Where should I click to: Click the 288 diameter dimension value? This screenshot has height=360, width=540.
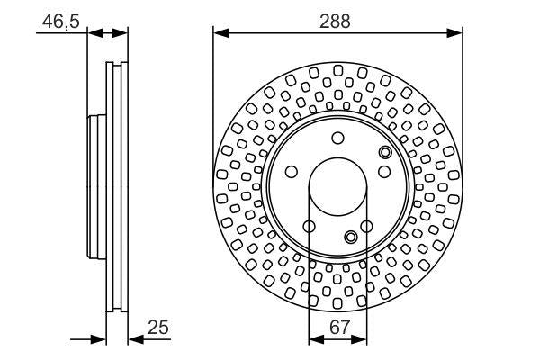point(337,20)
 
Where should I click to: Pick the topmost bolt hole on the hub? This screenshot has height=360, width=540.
point(337,138)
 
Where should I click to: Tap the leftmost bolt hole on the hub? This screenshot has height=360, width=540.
point(291,172)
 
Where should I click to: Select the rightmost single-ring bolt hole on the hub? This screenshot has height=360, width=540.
point(384,172)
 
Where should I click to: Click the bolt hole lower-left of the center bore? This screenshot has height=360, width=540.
point(309,227)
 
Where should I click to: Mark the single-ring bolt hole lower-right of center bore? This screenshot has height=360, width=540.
point(366,227)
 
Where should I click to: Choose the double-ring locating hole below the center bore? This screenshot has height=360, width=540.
point(351,237)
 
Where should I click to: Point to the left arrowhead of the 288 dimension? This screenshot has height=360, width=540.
point(219,32)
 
